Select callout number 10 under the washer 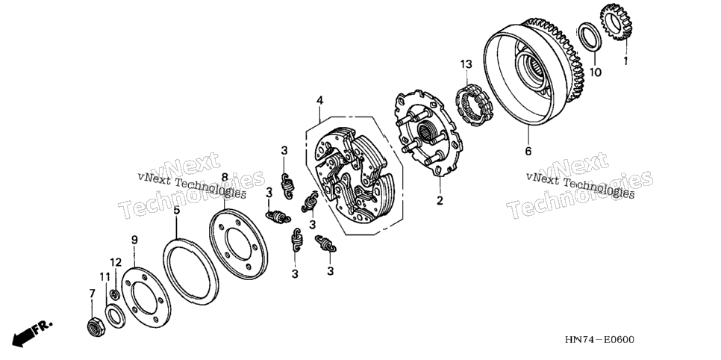point(596,72)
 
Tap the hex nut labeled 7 point(96,326)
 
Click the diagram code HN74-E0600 point(599,340)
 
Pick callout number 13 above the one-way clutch point(466,64)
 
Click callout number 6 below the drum point(528,151)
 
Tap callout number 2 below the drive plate point(440,200)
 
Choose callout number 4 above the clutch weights point(319,100)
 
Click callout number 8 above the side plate point(225,177)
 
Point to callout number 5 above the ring point(177,211)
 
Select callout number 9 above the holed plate point(134,240)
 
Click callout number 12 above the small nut point(116,262)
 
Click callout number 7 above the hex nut point(92,294)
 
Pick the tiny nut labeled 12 point(116,294)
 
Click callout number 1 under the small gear point(625,60)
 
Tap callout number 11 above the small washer point(105,276)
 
